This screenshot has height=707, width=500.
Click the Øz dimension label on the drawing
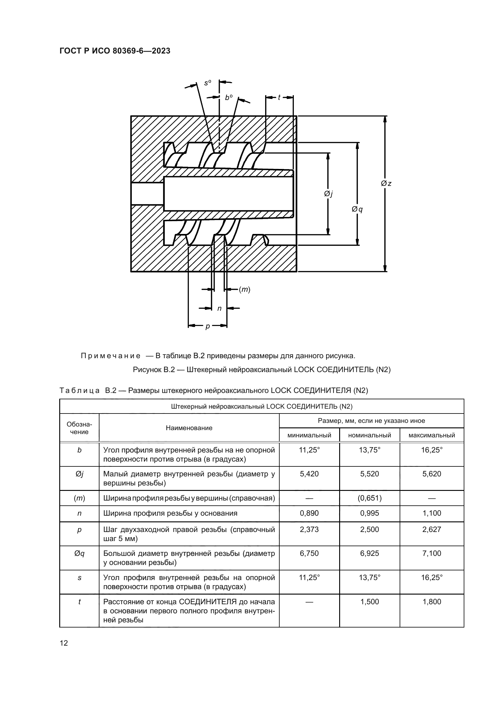click(x=386, y=183)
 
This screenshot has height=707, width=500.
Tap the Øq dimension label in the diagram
click(x=357, y=209)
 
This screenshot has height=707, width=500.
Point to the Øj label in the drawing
click(x=328, y=194)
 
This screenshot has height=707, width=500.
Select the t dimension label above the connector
click(x=279, y=97)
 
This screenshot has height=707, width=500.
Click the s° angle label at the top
click(x=208, y=83)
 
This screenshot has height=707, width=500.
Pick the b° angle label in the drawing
click(x=229, y=98)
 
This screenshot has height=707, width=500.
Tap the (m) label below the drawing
click(x=245, y=290)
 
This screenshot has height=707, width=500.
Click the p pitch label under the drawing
click(x=207, y=326)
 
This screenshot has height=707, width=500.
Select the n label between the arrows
click(x=219, y=308)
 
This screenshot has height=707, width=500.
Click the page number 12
click(x=64, y=643)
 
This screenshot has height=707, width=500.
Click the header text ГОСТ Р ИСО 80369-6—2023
click(x=115, y=51)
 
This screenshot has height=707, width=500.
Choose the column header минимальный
click(x=309, y=435)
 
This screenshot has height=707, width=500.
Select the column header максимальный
click(x=432, y=435)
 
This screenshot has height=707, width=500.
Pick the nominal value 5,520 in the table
click(x=369, y=474)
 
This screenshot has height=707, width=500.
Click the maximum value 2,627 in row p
click(x=432, y=529)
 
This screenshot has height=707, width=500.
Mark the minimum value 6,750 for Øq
click(x=309, y=553)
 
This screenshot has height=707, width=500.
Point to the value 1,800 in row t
click(x=432, y=602)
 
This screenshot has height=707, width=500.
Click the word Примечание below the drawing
click(x=111, y=356)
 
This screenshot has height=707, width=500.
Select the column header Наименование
click(x=189, y=428)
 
